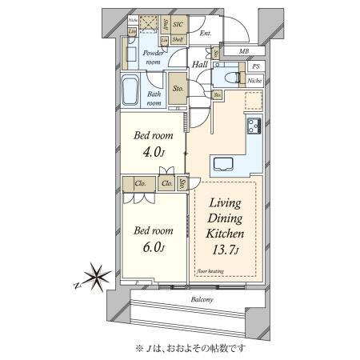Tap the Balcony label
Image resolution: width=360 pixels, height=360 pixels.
tap(202, 300)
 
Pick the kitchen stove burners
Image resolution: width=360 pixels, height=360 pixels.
tap(254, 126)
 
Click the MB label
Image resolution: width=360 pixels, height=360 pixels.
tap(242, 52)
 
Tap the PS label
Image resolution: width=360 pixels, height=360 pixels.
tap(256, 67)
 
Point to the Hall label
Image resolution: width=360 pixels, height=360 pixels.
tap(201, 64)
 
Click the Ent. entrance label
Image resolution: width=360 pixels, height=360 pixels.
tap(206, 34)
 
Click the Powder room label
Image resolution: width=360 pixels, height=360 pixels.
tap(152, 58)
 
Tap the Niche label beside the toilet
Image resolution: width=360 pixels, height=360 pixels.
tap(254, 81)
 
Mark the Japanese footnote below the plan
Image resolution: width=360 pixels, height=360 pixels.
tap(192, 346)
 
